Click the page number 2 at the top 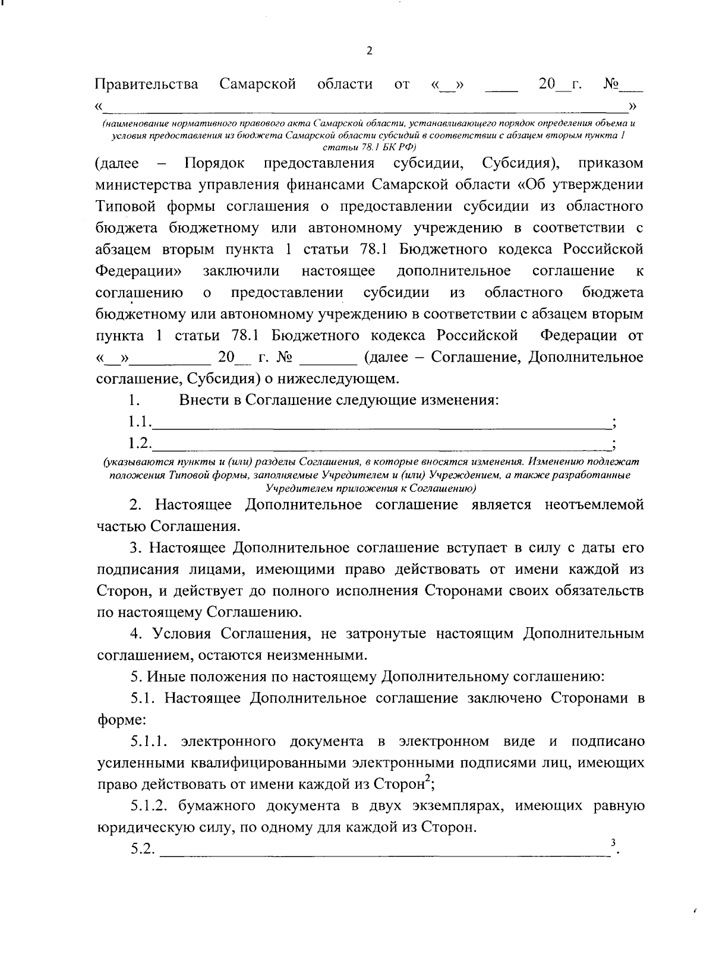coord(369,51)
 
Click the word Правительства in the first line coord(147,84)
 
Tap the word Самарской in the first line coord(257,84)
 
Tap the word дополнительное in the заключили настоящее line coord(453,271)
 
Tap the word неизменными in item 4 coord(324,656)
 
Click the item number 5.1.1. coord(151,741)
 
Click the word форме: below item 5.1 coord(121,720)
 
